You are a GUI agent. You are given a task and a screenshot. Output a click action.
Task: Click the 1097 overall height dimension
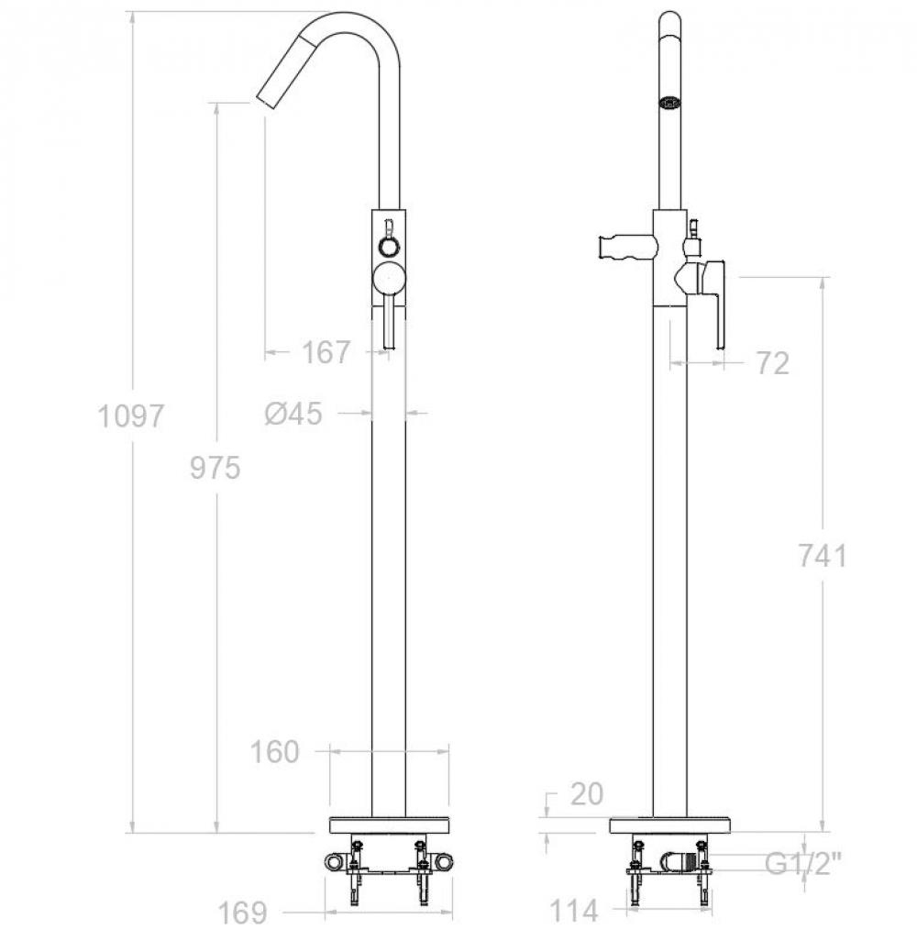(x=130, y=415)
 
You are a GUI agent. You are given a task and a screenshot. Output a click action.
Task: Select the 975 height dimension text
(x=215, y=468)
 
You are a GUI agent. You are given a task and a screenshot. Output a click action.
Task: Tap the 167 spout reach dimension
(x=326, y=352)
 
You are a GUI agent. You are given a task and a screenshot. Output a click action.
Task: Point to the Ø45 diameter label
(x=293, y=413)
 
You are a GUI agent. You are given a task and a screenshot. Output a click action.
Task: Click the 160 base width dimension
(x=274, y=752)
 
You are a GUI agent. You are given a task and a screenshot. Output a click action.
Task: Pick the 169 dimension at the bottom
(x=243, y=913)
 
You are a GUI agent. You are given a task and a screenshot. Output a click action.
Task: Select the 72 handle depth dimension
(x=773, y=363)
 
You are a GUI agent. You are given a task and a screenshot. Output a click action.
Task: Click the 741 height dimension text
(x=823, y=556)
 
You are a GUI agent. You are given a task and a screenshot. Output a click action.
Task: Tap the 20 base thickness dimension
(x=587, y=793)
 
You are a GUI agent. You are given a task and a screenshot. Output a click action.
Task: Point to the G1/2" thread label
(x=802, y=864)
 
